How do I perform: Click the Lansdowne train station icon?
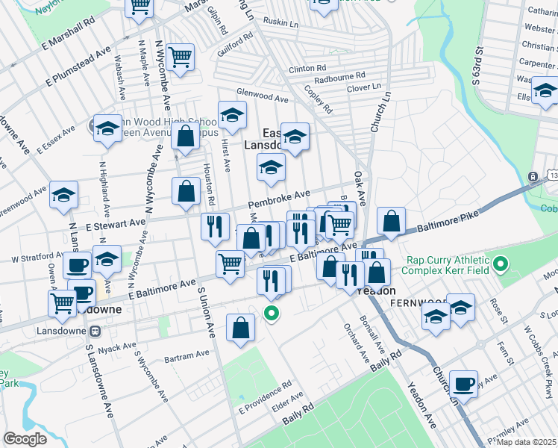pos(95,331)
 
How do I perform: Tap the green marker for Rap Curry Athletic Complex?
pos(501,264)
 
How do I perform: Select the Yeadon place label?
pos(377,291)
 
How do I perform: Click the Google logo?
pos(25,438)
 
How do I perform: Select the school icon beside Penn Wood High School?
pos(108,130)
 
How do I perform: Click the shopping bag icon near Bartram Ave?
pos(240,328)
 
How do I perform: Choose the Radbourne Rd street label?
pos(339,76)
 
